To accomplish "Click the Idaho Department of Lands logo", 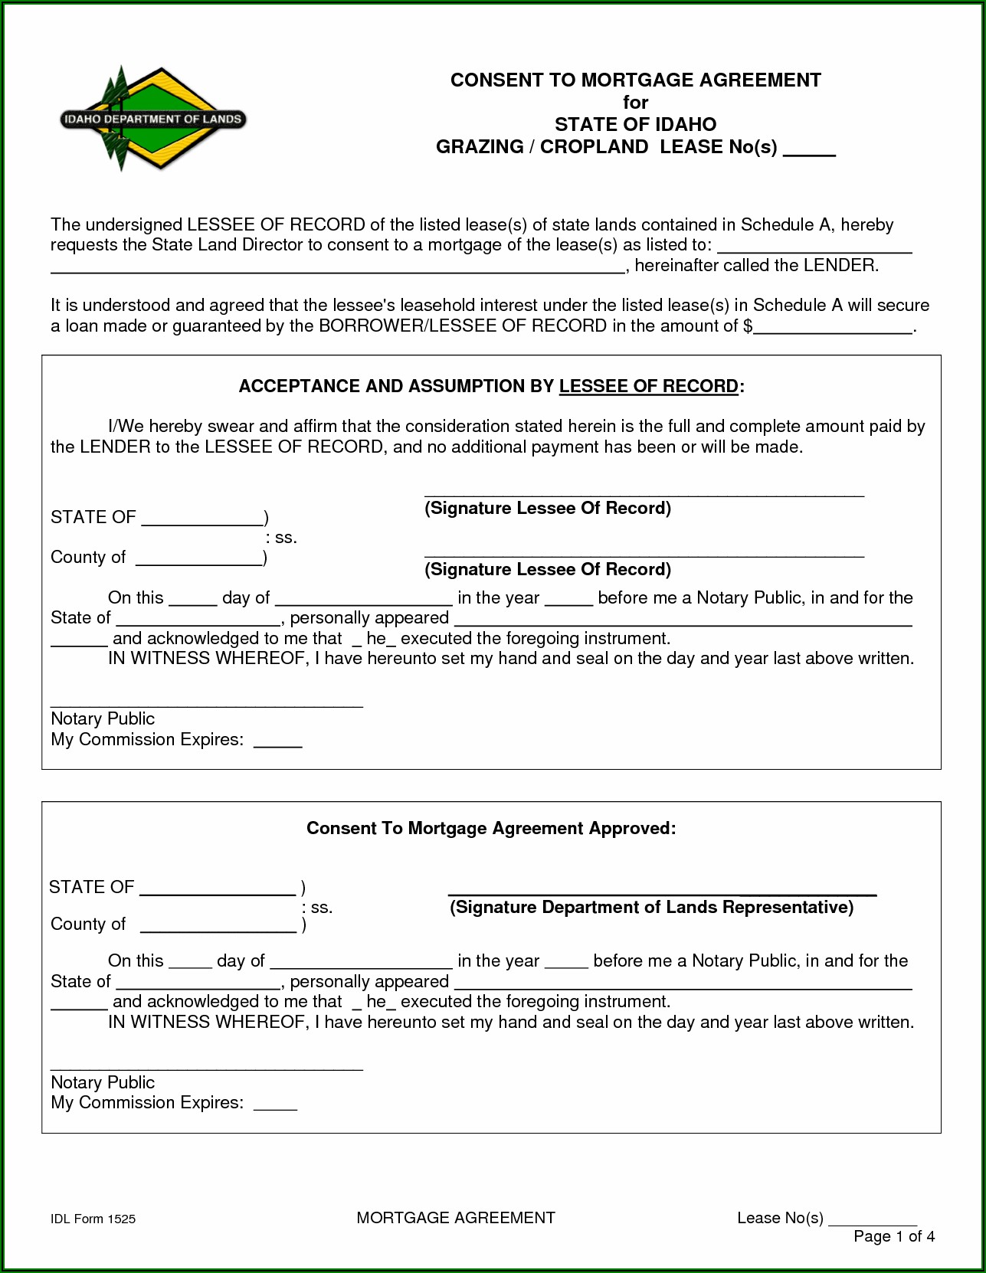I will click(x=152, y=119).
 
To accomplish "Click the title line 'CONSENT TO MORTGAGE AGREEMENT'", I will click(x=635, y=80).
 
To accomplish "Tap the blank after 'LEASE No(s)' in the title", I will click(x=809, y=149).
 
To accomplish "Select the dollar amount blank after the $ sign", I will click(x=834, y=328).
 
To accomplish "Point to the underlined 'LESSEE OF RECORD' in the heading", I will click(x=648, y=386).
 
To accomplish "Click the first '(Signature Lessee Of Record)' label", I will click(x=548, y=509).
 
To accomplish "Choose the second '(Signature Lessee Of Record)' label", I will click(x=548, y=570).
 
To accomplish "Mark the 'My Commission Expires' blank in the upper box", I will click(x=277, y=741).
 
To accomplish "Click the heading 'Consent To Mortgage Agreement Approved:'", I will click(x=491, y=829).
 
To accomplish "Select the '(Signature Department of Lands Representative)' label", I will click(x=651, y=908).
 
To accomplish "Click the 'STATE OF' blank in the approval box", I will click(x=218, y=888).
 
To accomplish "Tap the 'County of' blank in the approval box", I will click(x=218, y=926).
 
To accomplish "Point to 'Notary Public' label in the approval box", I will click(x=103, y=1083).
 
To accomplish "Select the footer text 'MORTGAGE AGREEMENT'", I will click(x=456, y=1218).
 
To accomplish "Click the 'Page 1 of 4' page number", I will click(x=894, y=1236).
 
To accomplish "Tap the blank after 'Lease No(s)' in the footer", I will click(x=873, y=1219).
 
